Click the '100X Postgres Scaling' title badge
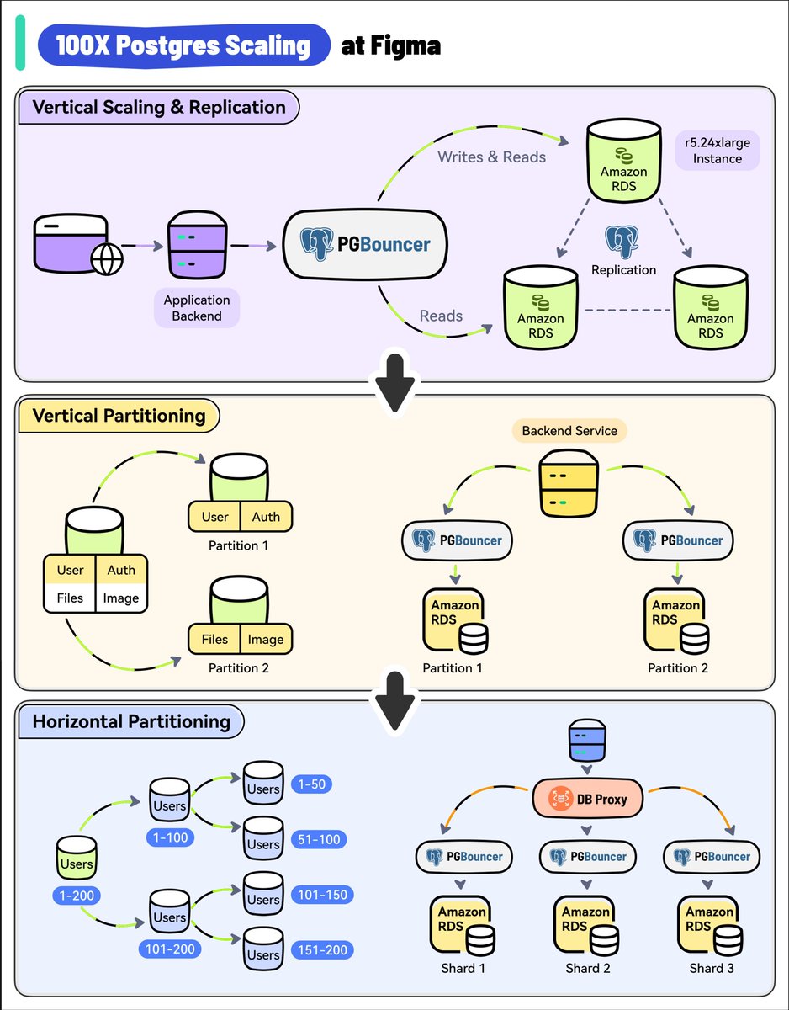pos(184,45)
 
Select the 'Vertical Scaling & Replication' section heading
pos(158,107)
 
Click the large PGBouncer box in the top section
pos(366,245)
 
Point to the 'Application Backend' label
pos(197,308)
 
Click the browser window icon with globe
pos(77,245)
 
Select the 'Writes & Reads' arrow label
pos(491,157)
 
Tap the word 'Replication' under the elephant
pos(623,270)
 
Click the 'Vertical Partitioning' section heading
pos(119,416)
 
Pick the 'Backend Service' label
pos(569,431)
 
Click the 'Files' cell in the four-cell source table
pos(70,598)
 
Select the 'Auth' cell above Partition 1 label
pos(266,516)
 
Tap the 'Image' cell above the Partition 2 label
pos(266,639)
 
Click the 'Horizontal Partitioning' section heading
pos(130,721)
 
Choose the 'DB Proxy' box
pos(588,799)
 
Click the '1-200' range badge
pos(77,895)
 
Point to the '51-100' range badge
pos(320,839)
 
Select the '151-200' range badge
pos(320,950)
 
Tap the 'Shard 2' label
pos(588,968)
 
